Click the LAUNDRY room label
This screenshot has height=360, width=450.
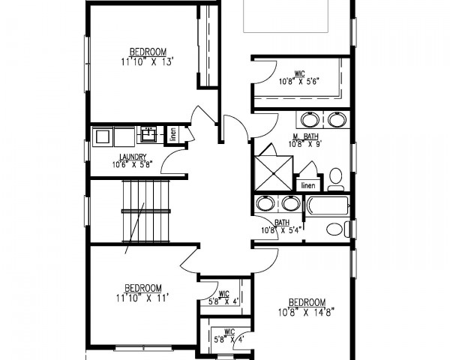click(133, 157)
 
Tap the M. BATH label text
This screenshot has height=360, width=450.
click(305, 136)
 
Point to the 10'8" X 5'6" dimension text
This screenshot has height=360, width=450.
click(299, 82)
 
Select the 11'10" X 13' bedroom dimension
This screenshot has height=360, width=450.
click(148, 61)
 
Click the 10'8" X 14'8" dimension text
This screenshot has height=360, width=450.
click(306, 312)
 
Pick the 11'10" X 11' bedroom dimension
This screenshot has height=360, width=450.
click(142, 298)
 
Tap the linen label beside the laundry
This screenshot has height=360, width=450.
click(173, 134)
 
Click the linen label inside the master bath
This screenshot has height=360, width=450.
click(308, 185)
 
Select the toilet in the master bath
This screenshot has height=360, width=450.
click(336, 179)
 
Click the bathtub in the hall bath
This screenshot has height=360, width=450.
click(328, 205)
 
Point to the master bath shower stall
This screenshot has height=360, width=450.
click(274, 173)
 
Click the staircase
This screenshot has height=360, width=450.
click(145, 211)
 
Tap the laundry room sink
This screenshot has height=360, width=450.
click(148, 135)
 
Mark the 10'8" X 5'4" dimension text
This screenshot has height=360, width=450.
click(282, 230)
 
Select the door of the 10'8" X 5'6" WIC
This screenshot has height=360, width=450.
click(265, 72)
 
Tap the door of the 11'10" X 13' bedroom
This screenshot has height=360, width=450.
click(203, 116)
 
